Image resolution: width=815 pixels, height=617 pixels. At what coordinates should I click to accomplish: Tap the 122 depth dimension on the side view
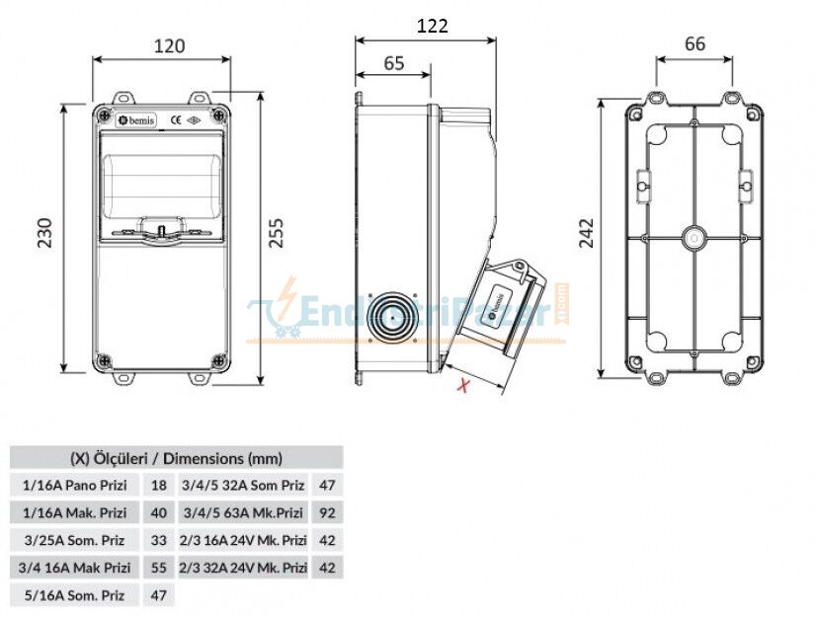click(x=432, y=26)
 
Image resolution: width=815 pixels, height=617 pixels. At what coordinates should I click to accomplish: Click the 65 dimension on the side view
click(x=393, y=63)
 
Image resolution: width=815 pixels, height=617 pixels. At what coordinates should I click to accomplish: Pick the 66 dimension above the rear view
click(x=694, y=44)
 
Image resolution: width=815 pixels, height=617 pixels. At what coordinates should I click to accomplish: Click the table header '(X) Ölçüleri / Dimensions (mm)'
click(x=176, y=457)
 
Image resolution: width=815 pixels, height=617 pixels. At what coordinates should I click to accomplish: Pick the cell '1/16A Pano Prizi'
click(x=75, y=485)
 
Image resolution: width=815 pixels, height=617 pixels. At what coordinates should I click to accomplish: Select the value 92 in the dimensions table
click(x=328, y=512)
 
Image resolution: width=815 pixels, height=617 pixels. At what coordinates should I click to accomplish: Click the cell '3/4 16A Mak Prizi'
click(x=75, y=568)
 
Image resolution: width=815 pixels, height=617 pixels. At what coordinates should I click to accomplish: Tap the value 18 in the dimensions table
click(x=158, y=485)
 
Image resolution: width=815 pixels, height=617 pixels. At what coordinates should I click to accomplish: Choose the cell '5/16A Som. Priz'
click(x=75, y=595)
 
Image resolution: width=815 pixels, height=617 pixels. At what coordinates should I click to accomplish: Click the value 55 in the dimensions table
click(x=158, y=568)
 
